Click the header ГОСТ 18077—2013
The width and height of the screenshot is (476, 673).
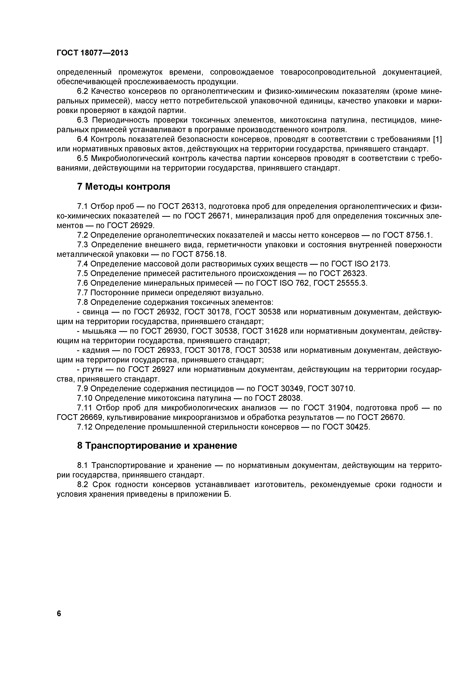(x=92, y=53)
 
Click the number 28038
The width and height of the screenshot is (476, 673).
(x=289, y=398)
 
